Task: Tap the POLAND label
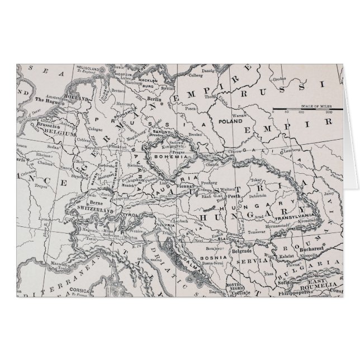(x=230, y=121)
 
